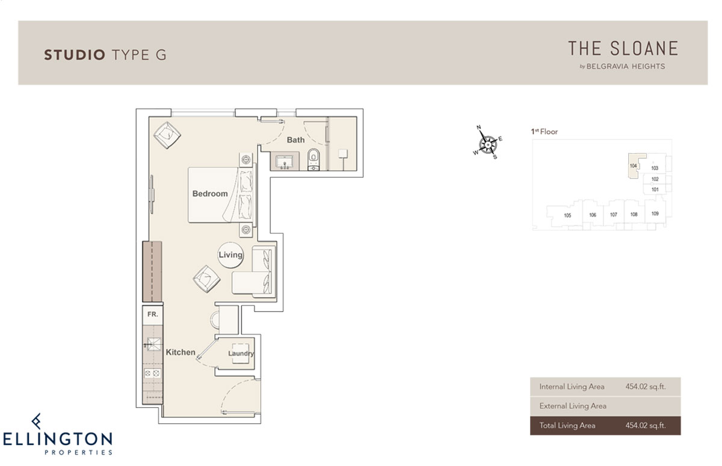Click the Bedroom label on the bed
click(210, 194)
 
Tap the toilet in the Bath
click(313, 159)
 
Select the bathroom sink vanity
click(285, 161)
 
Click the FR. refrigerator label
click(152, 314)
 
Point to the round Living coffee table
click(230, 255)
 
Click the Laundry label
click(241, 354)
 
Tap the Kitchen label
click(180, 352)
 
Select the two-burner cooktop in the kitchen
click(152, 373)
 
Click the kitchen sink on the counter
click(153, 344)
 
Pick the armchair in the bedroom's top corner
click(167, 135)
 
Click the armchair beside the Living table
click(206, 279)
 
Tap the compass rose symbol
click(488, 144)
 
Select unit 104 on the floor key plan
click(634, 165)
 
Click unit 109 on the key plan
click(655, 213)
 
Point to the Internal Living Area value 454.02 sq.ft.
click(646, 387)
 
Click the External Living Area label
click(573, 406)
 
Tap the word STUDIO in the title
click(75, 55)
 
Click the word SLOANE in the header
click(644, 48)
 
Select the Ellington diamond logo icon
click(37, 422)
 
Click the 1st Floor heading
click(544, 132)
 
